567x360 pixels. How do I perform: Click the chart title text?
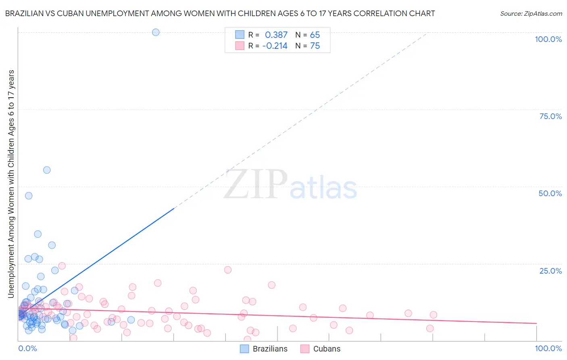coord(220,13)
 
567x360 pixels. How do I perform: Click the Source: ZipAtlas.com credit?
coord(531,13)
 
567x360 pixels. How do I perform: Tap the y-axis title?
coord(11,184)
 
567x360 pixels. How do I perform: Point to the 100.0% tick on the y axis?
coord(548,39)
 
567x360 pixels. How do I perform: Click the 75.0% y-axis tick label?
coord(550,116)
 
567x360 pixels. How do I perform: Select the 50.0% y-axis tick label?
coord(550,193)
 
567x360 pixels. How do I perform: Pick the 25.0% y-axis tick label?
coord(550,271)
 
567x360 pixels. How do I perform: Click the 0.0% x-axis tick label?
coord(27,348)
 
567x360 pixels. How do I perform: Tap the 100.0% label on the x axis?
coord(548,348)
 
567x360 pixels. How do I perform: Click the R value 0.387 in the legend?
coord(276,35)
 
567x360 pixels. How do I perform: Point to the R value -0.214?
coord(275,46)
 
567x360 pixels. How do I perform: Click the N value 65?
coord(315,35)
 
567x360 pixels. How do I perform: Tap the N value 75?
coord(315,46)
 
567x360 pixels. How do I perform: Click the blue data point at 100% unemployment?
coord(156,32)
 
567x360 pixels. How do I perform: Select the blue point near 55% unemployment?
coord(47,170)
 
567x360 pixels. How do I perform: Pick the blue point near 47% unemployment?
coord(29,196)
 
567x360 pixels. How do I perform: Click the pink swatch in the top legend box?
coord(240,46)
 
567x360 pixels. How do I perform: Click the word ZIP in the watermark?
coord(256,185)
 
